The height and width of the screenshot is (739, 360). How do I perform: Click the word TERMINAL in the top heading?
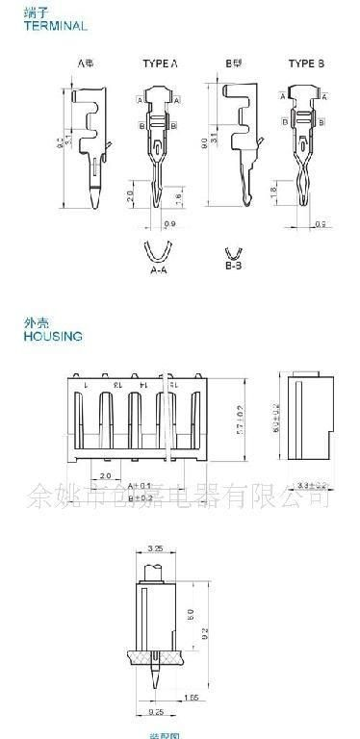56,26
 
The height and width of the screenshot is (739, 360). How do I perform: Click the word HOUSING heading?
53,336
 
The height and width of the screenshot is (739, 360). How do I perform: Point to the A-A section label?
161,270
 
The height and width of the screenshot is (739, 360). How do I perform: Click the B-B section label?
233,262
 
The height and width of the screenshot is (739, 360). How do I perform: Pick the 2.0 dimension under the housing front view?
105,475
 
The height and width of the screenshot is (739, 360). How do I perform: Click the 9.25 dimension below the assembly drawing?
155,711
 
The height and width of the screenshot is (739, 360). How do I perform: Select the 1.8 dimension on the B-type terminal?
273,191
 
